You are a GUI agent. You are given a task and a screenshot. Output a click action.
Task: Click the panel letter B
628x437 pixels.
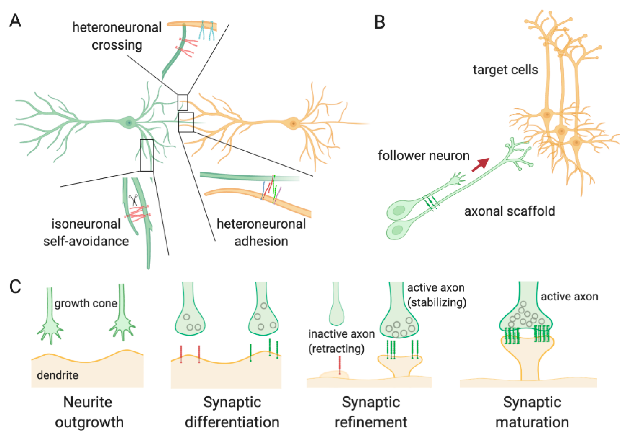(x=379, y=22)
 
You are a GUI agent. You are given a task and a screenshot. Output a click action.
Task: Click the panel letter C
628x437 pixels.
(x=15, y=287)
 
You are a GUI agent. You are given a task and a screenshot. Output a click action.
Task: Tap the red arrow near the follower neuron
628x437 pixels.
(x=481, y=165)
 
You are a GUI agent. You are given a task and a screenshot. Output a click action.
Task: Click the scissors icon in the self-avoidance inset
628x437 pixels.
(x=134, y=200)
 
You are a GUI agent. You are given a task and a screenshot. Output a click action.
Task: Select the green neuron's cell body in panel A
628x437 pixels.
(x=129, y=123)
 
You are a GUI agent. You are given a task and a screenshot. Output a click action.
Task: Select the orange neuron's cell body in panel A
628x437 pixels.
(x=293, y=123)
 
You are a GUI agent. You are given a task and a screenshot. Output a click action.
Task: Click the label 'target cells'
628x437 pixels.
(x=505, y=70)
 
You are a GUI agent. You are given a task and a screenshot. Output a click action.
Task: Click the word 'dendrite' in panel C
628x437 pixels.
(x=58, y=375)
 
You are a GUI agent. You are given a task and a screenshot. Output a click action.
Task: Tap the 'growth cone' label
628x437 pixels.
(x=86, y=303)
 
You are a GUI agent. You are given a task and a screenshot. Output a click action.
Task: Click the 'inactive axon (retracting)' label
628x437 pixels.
(x=341, y=341)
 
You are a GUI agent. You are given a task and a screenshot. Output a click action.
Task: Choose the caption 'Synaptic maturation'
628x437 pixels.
(x=532, y=412)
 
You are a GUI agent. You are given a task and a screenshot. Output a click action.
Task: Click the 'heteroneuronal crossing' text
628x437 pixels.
(x=117, y=36)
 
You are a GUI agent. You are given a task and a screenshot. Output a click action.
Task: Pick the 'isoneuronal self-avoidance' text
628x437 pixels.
(x=86, y=233)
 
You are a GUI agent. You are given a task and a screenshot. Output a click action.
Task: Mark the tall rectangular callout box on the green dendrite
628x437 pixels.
(x=147, y=155)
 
